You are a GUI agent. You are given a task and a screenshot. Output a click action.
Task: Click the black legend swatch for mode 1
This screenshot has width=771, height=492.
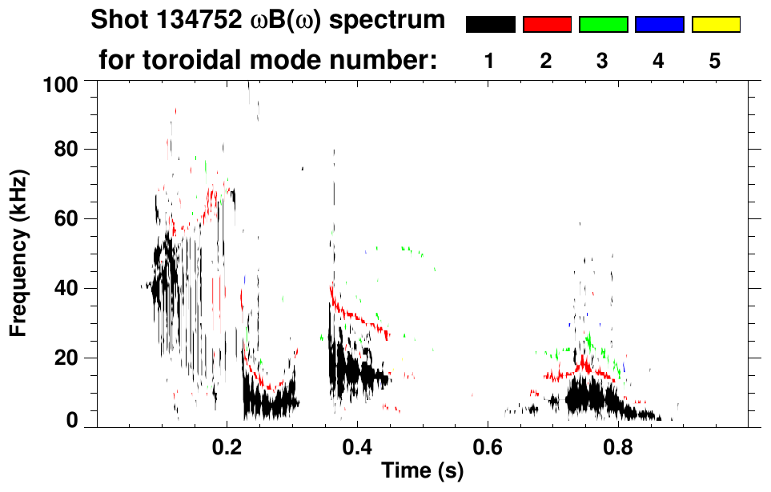[x=491, y=25]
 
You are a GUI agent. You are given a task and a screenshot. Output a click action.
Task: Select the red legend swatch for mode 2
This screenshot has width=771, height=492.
[x=547, y=25]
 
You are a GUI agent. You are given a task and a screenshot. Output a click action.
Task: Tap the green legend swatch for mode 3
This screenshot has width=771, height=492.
[x=603, y=25]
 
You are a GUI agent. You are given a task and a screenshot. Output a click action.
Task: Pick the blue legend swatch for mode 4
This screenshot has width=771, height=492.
[x=659, y=25]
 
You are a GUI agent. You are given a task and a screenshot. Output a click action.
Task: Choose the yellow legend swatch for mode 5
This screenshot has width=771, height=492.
[x=715, y=25]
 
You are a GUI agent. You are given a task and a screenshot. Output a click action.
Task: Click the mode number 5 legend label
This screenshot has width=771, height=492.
[x=715, y=62]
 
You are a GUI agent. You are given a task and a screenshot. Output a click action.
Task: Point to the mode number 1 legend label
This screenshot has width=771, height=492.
[x=489, y=62]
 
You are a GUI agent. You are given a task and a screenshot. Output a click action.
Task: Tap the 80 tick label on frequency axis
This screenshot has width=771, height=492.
[x=67, y=150]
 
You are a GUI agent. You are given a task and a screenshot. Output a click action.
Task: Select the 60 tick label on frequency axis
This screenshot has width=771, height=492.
[x=67, y=218]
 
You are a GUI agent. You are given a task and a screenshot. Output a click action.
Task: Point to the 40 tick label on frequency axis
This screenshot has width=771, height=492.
[x=67, y=288]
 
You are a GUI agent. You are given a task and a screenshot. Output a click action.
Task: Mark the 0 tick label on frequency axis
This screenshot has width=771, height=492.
[x=72, y=420]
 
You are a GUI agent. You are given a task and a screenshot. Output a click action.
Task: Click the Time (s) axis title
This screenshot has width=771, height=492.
[x=421, y=471]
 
